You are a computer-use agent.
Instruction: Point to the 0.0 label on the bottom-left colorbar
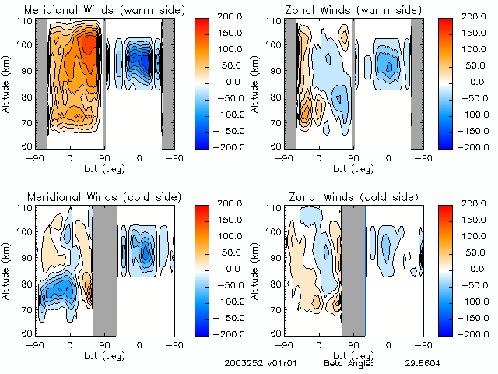click(x=231, y=268)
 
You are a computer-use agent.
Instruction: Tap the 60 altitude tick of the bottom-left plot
click(x=25, y=333)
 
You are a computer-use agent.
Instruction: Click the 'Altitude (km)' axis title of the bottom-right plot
click(x=257, y=270)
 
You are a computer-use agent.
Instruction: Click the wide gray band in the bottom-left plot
click(x=105, y=270)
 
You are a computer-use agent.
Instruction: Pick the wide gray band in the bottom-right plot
click(x=354, y=270)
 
